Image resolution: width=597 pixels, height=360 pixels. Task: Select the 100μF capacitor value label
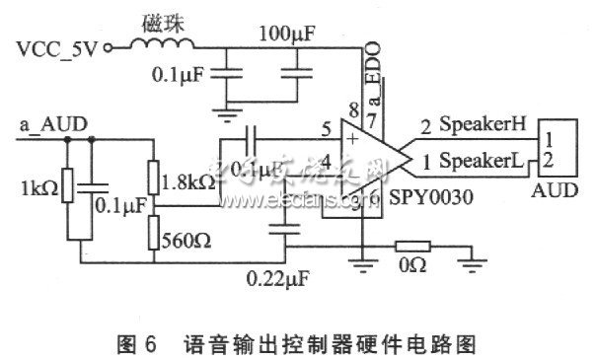pos(286,36)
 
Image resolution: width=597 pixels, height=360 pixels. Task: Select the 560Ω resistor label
pos(187,238)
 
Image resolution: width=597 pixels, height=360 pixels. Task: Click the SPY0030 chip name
pos(434,196)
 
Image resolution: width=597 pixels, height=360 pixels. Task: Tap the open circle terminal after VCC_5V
pos(109,44)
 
